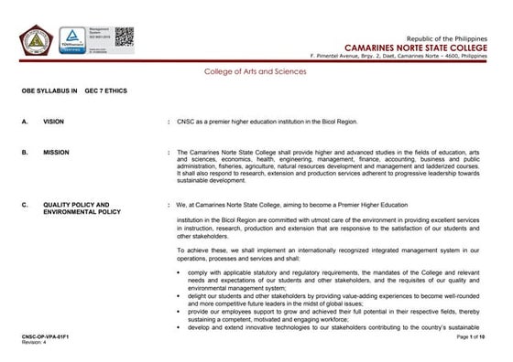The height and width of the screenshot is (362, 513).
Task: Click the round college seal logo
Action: point(38,40)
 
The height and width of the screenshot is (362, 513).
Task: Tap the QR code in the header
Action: point(124,39)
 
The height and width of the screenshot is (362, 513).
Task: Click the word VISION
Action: point(53,121)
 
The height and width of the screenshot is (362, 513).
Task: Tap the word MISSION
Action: point(56,152)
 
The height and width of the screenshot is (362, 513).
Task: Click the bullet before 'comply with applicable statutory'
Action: point(178,272)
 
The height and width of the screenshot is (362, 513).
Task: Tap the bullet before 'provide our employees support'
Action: point(178,311)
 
